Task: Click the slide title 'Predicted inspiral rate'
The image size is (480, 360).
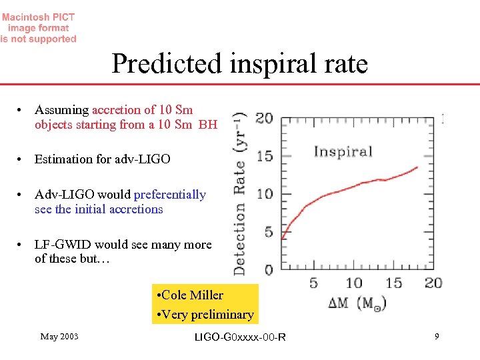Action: pyautogui.click(x=239, y=64)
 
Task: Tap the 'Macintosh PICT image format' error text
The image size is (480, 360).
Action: pyautogui.click(x=38, y=28)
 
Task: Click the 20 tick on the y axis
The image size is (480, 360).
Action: pyautogui.click(x=264, y=119)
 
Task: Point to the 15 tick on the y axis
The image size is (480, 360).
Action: pyautogui.click(x=265, y=156)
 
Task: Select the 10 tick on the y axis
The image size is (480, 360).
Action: pyautogui.click(x=265, y=194)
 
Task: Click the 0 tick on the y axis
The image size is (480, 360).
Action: pyautogui.click(x=268, y=270)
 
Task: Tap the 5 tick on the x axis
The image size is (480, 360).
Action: pyautogui.click(x=313, y=283)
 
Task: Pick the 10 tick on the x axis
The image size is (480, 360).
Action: pyautogui.click(x=353, y=283)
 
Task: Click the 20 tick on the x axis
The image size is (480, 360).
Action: pyautogui.click(x=433, y=283)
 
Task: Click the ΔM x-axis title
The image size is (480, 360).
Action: pyautogui.click(x=357, y=303)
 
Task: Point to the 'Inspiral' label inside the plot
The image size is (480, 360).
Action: pyautogui.click(x=343, y=151)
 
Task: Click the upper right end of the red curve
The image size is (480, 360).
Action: pyautogui.click(x=418, y=167)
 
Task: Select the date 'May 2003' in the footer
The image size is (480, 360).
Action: pyautogui.click(x=59, y=337)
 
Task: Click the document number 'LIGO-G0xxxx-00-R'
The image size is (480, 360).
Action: pyautogui.click(x=239, y=337)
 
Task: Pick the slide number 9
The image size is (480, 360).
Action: pyautogui.click(x=437, y=337)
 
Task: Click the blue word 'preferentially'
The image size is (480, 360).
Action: pyautogui.click(x=170, y=195)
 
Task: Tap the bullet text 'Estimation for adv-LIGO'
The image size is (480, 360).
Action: pyautogui.click(x=102, y=159)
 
